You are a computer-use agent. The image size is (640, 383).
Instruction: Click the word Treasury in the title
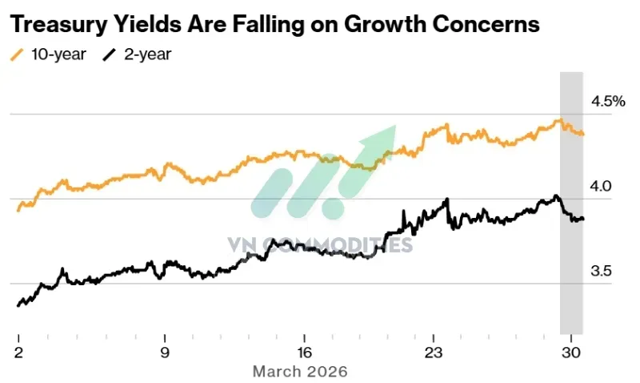tap(58, 25)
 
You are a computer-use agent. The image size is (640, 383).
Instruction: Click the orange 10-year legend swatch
tap(17, 54)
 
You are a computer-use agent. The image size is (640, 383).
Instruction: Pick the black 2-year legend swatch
tap(110, 54)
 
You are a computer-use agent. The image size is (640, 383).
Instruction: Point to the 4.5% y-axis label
tap(608, 102)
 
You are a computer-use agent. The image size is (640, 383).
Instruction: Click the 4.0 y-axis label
tap(601, 187)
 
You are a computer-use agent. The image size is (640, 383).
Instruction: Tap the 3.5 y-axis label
tap(601, 271)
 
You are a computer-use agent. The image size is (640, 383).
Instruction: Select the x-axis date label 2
tap(18, 352)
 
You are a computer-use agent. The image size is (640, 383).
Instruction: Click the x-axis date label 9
tap(165, 352)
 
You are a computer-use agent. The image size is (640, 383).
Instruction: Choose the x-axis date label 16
tap(305, 352)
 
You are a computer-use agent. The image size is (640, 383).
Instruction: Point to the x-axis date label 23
tap(433, 352)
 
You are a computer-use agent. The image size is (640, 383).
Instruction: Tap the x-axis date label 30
tap(571, 352)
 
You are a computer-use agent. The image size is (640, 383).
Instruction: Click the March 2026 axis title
tap(300, 372)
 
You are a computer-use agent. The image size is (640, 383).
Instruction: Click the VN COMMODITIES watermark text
tap(319, 245)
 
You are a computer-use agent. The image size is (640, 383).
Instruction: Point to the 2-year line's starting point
tap(18, 305)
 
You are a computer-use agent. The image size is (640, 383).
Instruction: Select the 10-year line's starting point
tap(18, 211)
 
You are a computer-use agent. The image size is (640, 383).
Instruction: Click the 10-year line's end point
tap(582, 134)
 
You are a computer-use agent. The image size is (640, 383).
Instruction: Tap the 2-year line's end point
tap(582, 219)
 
